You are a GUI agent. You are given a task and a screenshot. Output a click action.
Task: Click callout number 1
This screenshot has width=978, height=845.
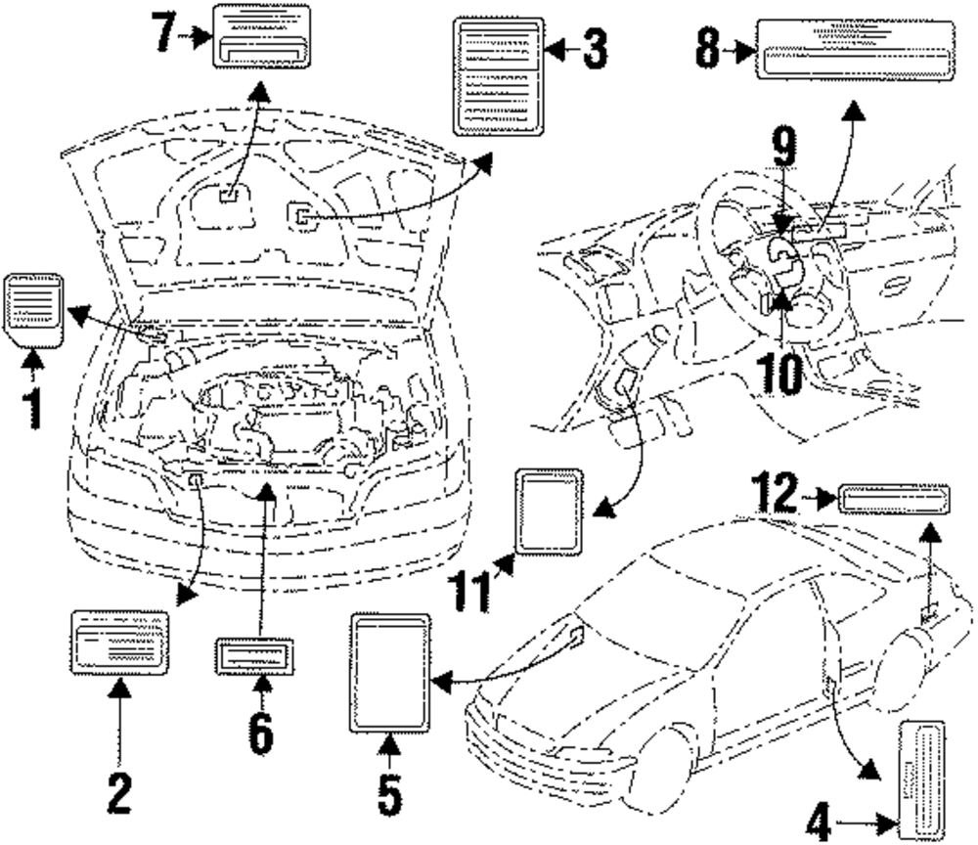coord(32,405)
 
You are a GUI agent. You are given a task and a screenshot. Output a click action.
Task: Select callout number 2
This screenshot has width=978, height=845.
coord(118,794)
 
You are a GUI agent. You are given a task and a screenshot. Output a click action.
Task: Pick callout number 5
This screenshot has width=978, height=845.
coord(389,794)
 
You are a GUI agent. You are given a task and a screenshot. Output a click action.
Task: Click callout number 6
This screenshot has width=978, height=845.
coord(260,733)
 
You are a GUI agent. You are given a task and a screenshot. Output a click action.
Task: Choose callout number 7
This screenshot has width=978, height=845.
coord(167,34)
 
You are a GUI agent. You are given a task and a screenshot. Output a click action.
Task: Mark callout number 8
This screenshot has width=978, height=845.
coord(710,48)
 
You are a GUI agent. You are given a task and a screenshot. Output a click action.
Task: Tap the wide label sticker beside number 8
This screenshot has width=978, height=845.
coord(856,48)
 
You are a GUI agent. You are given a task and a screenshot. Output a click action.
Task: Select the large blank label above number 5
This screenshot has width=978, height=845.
coord(389,672)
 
